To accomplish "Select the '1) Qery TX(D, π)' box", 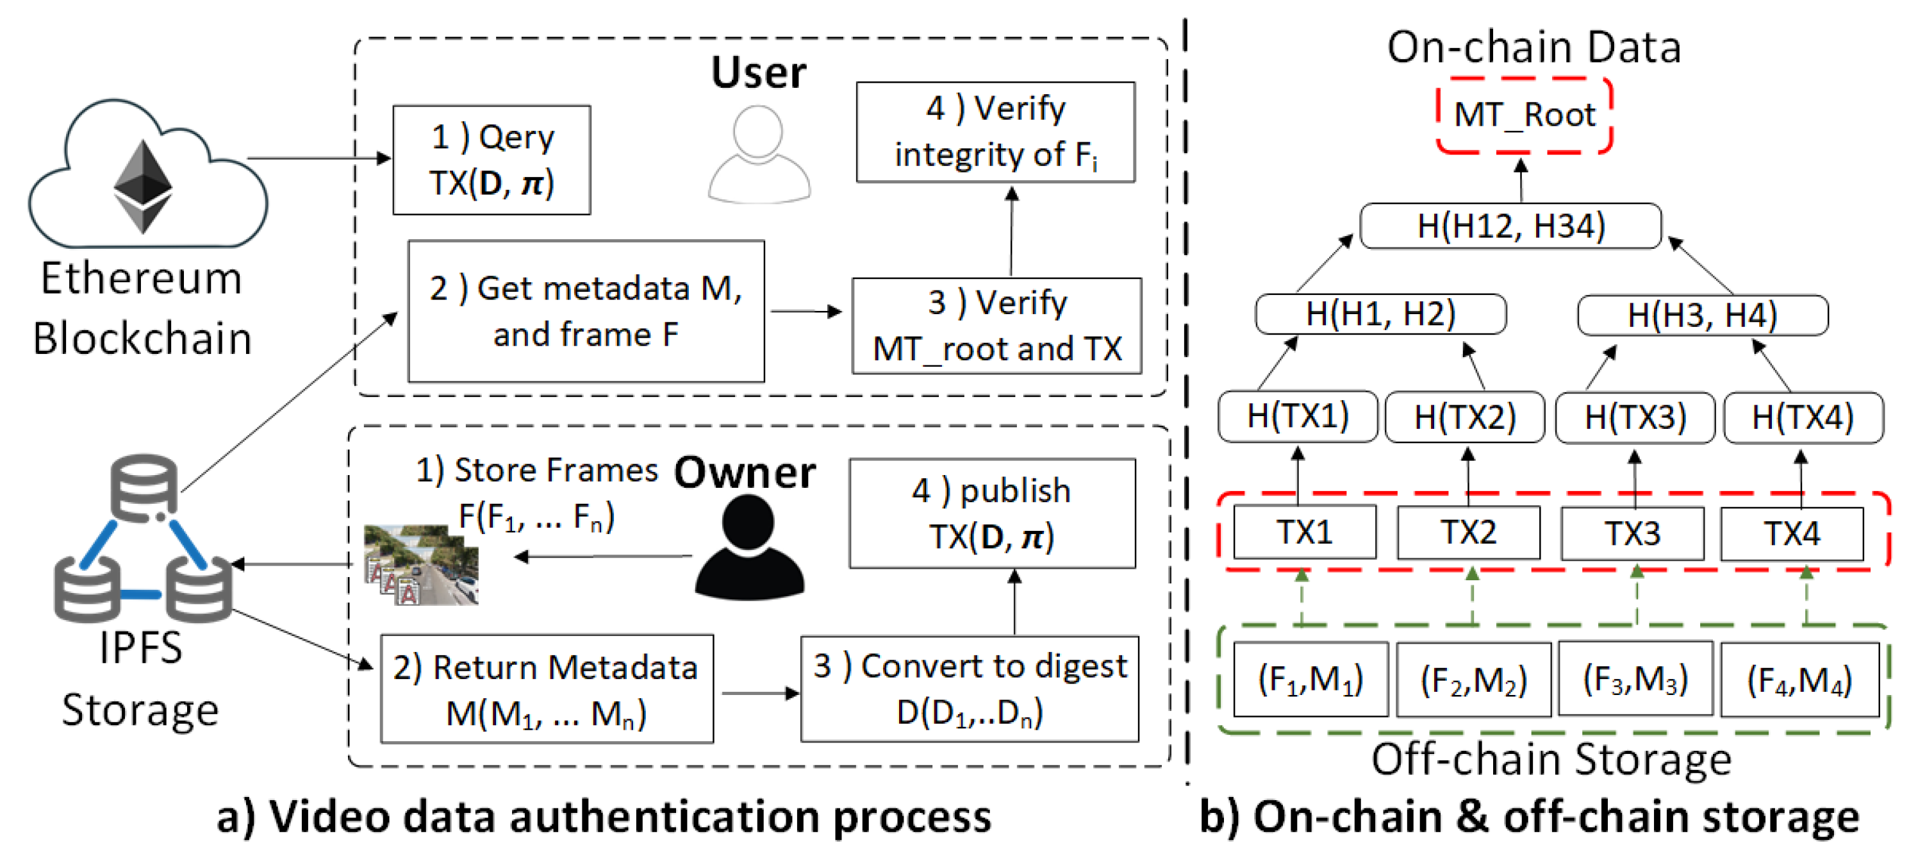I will (x=492, y=160).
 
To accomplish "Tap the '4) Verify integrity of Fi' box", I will (x=995, y=132).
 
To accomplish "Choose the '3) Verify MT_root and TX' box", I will (x=996, y=326).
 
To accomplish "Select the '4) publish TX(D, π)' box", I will (x=991, y=513).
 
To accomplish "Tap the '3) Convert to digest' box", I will (x=970, y=689).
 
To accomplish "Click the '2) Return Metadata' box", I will (x=547, y=689).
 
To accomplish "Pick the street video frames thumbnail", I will (x=420, y=565).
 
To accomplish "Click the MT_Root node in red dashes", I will (x=1525, y=115).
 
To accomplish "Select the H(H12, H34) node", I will (x=1510, y=226).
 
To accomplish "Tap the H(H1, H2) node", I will (x=1380, y=314).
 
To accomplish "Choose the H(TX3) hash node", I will (x=1635, y=417).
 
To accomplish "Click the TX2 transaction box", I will (x=1468, y=532).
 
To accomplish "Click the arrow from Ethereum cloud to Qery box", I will (x=318, y=158).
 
